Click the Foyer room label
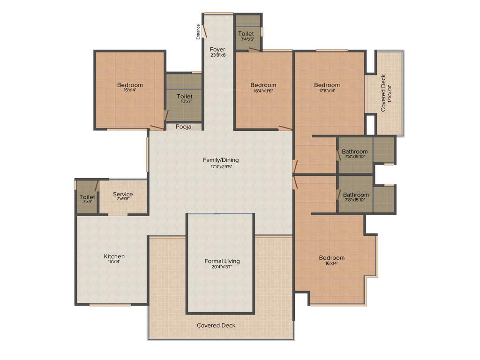click(x=217, y=49)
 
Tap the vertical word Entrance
click(x=198, y=32)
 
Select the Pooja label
click(x=183, y=127)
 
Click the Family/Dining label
click(x=221, y=160)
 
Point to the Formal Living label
click(x=222, y=261)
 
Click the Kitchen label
click(x=114, y=256)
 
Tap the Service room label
click(x=123, y=194)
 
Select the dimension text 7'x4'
click(x=87, y=202)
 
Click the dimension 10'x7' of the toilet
click(x=184, y=101)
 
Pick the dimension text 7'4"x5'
click(x=246, y=39)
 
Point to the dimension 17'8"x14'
click(x=327, y=91)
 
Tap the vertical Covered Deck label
click(x=383, y=93)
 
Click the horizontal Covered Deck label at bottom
click(x=216, y=325)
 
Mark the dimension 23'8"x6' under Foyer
click(x=217, y=55)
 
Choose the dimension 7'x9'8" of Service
click(x=123, y=199)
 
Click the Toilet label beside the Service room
click(x=87, y=197)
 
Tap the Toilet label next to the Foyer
click(x=246, y=34)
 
